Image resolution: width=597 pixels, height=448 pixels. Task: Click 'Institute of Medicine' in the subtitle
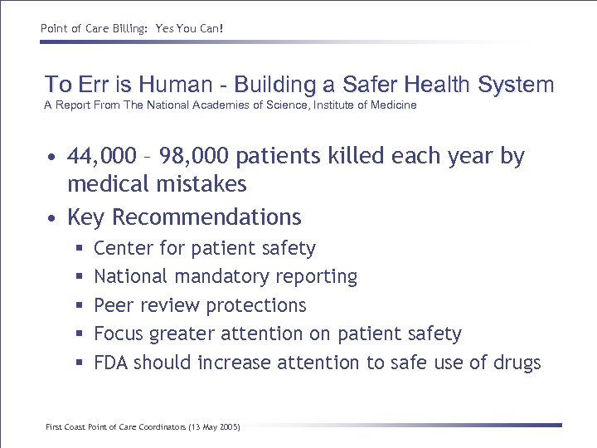[x=366, y=105]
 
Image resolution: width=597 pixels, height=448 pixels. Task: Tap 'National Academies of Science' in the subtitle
[x=231, y=105]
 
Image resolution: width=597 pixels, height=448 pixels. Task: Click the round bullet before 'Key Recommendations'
[x=51, y=218]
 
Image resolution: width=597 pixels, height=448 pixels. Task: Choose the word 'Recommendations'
[x=206, y=217]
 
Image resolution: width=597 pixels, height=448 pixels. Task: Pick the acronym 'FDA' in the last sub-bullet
[x=111, y=363]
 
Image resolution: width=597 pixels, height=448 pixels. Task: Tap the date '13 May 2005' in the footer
[x=212, y=426]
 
